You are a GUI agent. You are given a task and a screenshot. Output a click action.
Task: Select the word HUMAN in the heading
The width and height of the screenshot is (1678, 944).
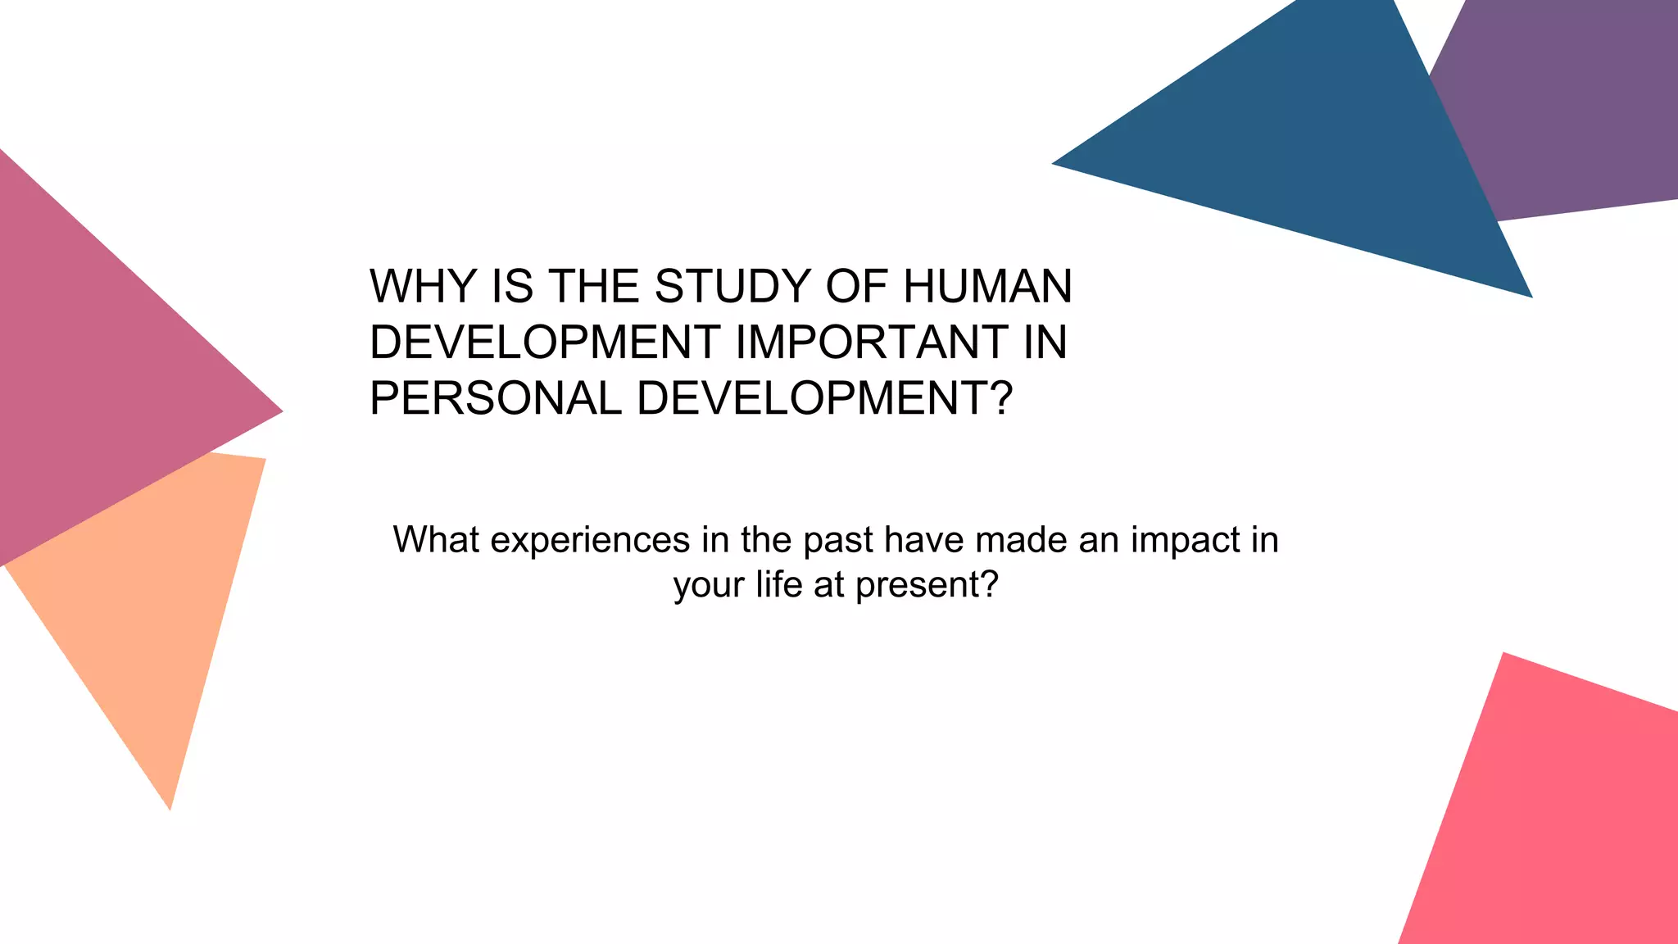pyautogui.click(x=987, y=287)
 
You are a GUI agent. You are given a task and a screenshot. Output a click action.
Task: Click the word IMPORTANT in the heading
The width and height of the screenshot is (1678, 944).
pyautogui.click(x=872, y=343)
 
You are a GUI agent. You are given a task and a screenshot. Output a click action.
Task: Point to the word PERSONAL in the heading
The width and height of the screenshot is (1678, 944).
pyautogui.click(x=495, y=398)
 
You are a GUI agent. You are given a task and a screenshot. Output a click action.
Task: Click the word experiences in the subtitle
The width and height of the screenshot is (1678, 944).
pyautogui.click(x=590, y=540)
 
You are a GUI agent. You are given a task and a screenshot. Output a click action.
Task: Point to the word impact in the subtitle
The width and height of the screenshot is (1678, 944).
pyautogui.click(x=1186, y=540)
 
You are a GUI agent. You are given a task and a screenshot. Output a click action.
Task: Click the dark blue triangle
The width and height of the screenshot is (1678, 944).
pyautogui.click(x=1344, y=156)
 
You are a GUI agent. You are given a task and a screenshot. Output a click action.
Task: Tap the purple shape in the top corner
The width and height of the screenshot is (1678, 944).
pyautogui.click(x=1573, y=107)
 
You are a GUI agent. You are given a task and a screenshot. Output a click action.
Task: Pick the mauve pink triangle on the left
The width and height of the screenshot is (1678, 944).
pyautogui.click(x=98, y=369)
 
